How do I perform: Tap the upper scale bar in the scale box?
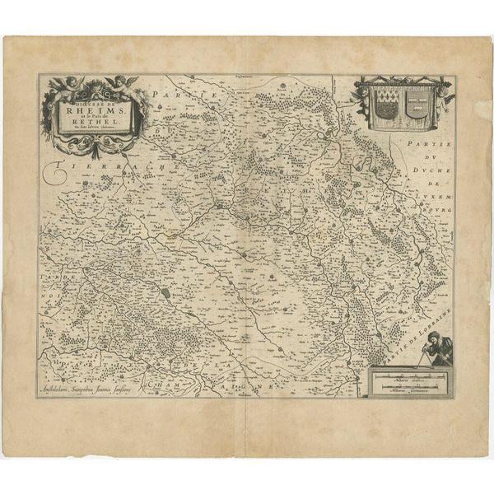(406, 376)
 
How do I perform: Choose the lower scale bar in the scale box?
(406, 387)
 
